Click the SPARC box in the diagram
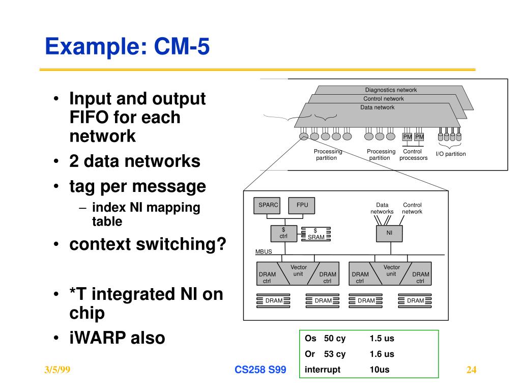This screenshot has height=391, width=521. pos(267,206)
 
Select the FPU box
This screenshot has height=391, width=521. pos(302,206)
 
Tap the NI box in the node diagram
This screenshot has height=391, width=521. pos(389,233)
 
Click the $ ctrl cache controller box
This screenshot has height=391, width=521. pos(284,233)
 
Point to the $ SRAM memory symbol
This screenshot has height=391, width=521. pos(315,234)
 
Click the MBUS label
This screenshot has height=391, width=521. pos(264,252)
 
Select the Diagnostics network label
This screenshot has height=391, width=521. pos(391,90)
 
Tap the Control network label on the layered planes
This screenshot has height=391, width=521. pos(384,99)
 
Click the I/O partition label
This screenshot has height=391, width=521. pos(451,154)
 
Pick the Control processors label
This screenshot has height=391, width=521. pos(413,155)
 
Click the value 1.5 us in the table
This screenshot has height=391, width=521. pos(382,339)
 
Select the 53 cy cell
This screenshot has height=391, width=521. pos(335,354)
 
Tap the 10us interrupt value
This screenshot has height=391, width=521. pos(380,370)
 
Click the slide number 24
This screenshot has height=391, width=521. pos(471,370)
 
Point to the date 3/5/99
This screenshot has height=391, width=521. pos(57,370)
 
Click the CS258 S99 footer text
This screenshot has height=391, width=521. pos(260,370)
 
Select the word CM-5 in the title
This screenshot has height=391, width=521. pos(182,46)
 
